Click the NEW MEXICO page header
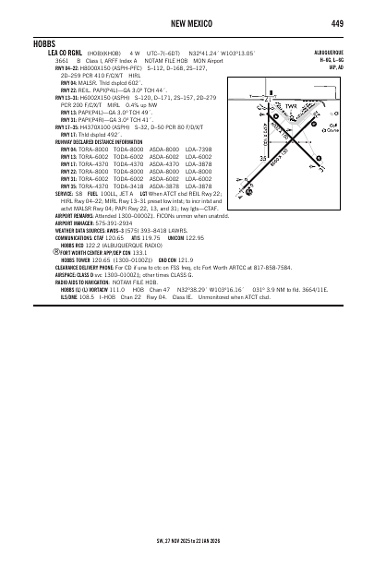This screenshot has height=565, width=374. [x=187, y=23]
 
